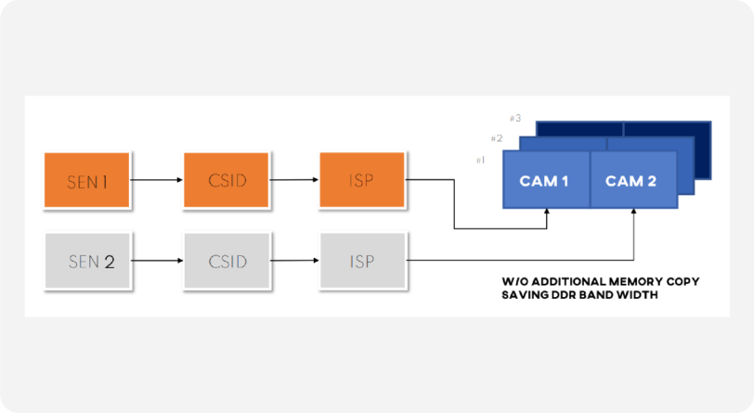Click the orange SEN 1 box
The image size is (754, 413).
[x=86, y=180]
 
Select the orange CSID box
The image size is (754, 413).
[x=226, y=180]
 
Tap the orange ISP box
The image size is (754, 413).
[x=362, y=180]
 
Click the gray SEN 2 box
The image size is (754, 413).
[x=87, y=261]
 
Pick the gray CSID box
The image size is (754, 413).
[x=227, y=261]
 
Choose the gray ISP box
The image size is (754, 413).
[x=362, y=261]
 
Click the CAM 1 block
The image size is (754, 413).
[x=546, y=180]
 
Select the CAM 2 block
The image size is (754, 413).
[x=634, y=180]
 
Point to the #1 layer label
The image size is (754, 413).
[x=480, y=161]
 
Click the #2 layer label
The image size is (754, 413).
[x=497, y=138]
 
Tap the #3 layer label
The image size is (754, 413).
[x=515, y=118]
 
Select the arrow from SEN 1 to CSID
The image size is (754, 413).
[x=156, y=180]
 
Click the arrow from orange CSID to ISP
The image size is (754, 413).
[x=293, y=180]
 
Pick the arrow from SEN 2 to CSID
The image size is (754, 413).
[x=157, y=261]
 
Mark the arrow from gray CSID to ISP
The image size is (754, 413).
[x=294, y=261]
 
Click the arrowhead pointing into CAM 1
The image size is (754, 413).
[x=547, y=212]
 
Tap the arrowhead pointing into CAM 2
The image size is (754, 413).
[x=634, y=212]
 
